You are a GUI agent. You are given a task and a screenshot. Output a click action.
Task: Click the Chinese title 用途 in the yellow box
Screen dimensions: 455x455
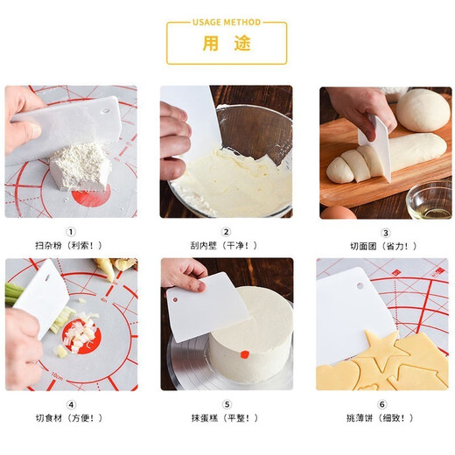point(226,44)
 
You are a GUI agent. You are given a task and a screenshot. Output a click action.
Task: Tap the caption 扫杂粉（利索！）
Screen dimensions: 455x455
point(72,246)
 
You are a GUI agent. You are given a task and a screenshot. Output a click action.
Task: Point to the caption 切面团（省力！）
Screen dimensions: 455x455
point(385,246)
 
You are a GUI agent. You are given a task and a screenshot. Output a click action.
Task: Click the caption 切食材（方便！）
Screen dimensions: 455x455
point(72,417)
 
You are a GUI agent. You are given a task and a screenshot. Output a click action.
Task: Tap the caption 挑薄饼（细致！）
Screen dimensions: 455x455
point(385,417)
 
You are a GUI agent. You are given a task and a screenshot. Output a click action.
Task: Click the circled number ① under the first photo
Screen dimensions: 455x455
point(72,232)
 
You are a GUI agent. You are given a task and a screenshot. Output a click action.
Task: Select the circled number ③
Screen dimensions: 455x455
point(385,232)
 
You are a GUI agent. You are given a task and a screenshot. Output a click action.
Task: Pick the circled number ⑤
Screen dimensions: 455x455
point(226,403)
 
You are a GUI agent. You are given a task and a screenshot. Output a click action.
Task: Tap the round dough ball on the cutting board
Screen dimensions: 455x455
point(423,110)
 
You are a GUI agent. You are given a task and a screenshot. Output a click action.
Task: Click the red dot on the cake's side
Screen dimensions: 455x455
point(245,354)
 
